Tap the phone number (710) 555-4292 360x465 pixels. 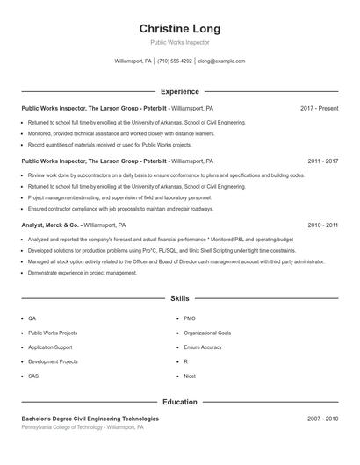click(x=175, y=61)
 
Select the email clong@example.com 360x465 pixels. click(x=221, y=61)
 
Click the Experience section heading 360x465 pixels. click(x=180, y=91)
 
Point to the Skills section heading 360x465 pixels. click(x=180, y=299)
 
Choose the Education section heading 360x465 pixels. click(x=180, y=402)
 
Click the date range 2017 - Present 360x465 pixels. click(x=319, y=108)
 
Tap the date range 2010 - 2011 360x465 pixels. click(x=322, y=225)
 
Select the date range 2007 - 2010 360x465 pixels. click(x=322, y=418)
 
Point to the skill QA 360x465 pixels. click(x=32, y=318)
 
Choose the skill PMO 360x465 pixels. click(x=190, y=318)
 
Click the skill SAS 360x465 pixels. click(x=33, y=376)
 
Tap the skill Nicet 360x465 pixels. click(x=190, y=376)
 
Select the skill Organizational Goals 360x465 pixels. click(x=207, y=333)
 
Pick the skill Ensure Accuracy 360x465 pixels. click(x=202, y=347)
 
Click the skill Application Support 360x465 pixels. click(x=50, y=347)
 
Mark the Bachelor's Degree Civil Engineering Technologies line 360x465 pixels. click(x=84, y=418)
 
